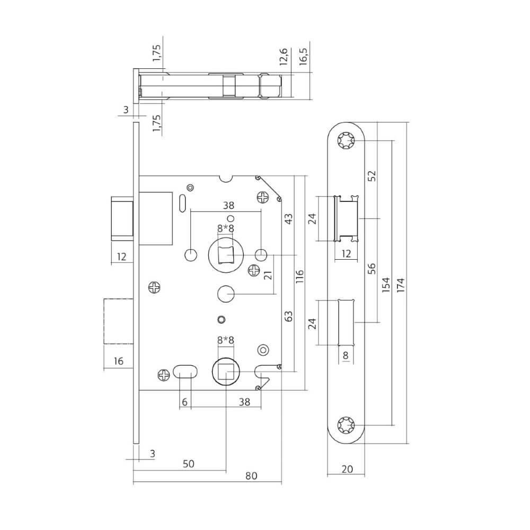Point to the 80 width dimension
pos(251,476)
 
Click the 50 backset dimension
pos(188,463)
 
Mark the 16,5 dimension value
pos(304,56)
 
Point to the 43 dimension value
pos(288,220)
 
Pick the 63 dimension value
pos(288,316)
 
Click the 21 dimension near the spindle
pos(267,274)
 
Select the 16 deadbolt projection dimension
pos(118,361)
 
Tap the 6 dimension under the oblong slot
pos(184,402)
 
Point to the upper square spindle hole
pos(227,254)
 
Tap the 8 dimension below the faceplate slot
pos(346,356)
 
